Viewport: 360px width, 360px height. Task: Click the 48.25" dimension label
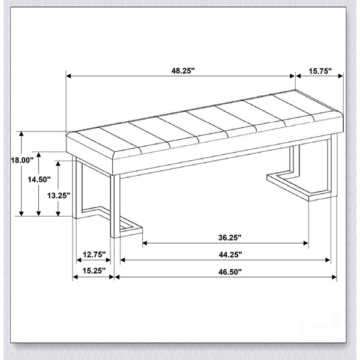[183, 71]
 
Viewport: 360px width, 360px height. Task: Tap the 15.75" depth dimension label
[320, 71]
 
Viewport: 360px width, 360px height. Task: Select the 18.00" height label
[22, 160]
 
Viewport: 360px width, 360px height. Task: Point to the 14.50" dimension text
[39, 179]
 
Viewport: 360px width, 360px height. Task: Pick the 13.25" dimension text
[59, 196]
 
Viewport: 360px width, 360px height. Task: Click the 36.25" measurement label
[230, 238]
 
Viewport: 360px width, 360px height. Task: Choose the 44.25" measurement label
[230, 254]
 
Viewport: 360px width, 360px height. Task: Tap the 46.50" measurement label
[230, 272]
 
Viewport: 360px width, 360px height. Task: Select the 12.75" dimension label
[94, 254]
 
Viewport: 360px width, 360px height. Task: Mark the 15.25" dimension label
[94, 271]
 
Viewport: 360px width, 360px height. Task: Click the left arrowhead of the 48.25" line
[68, 76]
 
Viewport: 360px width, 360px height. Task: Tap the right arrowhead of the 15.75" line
[341, 76]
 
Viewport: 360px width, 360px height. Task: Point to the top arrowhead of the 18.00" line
[22, 134]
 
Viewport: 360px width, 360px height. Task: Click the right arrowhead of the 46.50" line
[334, 277]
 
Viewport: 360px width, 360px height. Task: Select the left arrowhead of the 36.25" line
[145, 243]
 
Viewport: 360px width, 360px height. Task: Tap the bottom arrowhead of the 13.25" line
[58, 214]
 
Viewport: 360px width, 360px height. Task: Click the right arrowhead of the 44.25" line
[328, 260]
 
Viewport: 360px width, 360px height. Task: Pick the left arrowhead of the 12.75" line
[79, 260]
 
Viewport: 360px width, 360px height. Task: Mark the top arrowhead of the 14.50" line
[39, 155]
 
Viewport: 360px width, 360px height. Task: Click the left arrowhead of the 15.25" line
[76, 277]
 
